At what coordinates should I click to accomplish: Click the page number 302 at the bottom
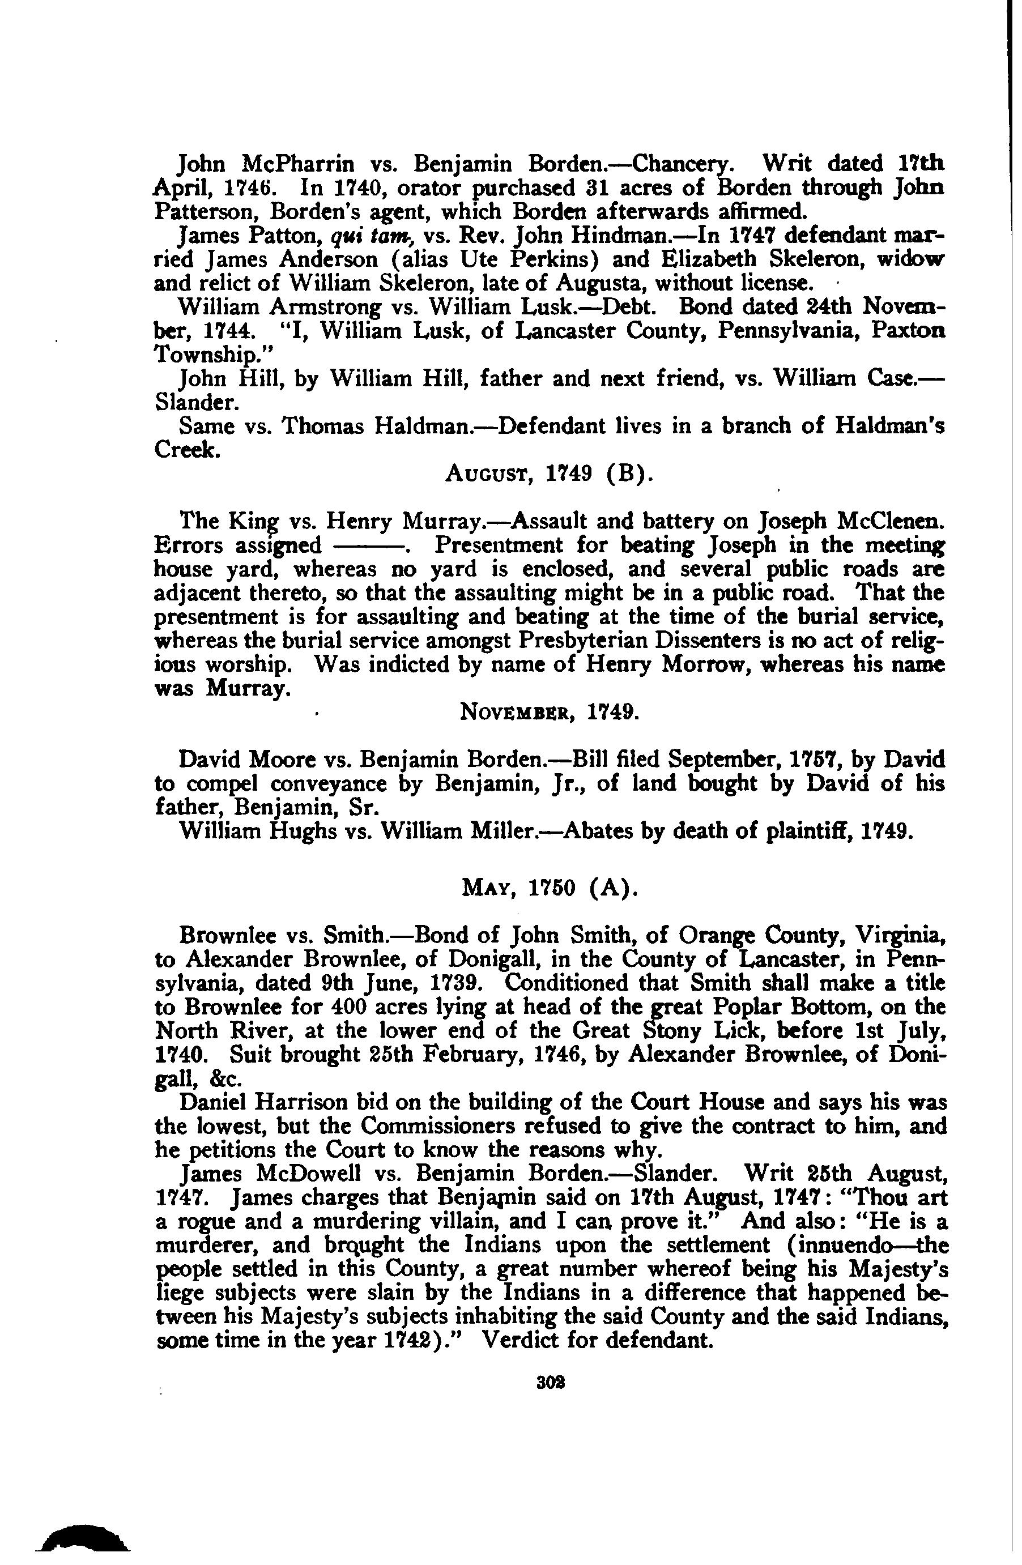click(x=547, y=1382)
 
